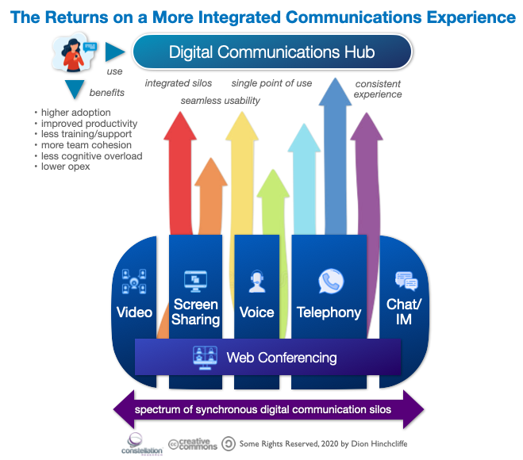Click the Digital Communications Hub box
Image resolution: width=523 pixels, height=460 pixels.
pos(271,53)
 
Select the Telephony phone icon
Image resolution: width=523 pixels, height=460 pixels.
pos(329,282)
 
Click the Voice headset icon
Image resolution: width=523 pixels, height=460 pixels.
pos(256,282)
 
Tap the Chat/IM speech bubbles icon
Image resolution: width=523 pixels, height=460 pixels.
pos(406,282)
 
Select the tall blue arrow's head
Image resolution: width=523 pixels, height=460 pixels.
pos(334,91)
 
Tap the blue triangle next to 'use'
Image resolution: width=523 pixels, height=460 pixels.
pos(116,52)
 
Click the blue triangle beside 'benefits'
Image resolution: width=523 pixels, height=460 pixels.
pos(75,90)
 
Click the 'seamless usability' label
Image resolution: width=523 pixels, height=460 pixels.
pos(220,101)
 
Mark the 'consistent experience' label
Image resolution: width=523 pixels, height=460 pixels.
pos(378,89)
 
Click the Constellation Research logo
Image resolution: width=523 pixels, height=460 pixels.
pos(134,442)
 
